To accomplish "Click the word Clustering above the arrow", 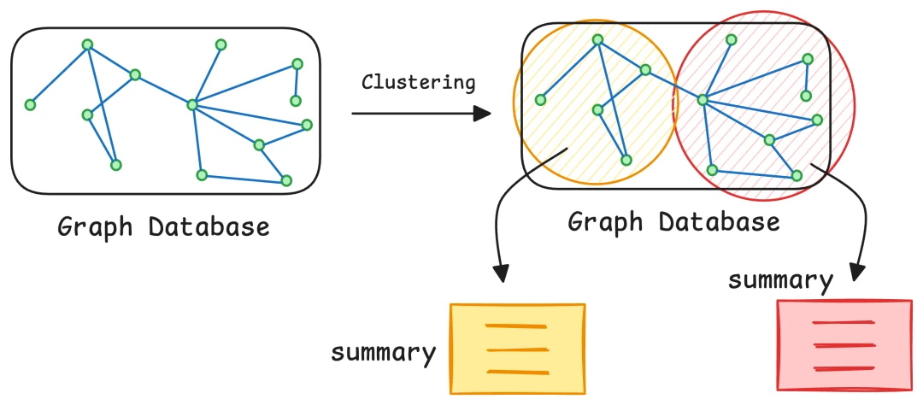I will pos(418,82).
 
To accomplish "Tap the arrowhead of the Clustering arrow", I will pos(483,114).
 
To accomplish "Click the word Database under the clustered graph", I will pos(720,222).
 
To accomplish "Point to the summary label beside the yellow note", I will pos(384,352).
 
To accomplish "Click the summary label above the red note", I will pos(779,280).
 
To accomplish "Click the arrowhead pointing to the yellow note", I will pos(502,273).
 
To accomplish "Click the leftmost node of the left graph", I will pos(30,105).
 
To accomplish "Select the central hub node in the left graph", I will pos(192,105).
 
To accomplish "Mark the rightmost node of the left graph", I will pos(307,126).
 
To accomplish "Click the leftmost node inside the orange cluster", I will pos(540,100).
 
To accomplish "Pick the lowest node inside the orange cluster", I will pos(626,160).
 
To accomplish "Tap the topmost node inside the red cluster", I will pos(731,39).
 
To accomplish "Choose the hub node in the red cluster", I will pos(703,100).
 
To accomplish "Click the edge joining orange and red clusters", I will pos(674,85).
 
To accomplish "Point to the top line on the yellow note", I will pos(514,326).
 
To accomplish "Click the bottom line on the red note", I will pos(844,368).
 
